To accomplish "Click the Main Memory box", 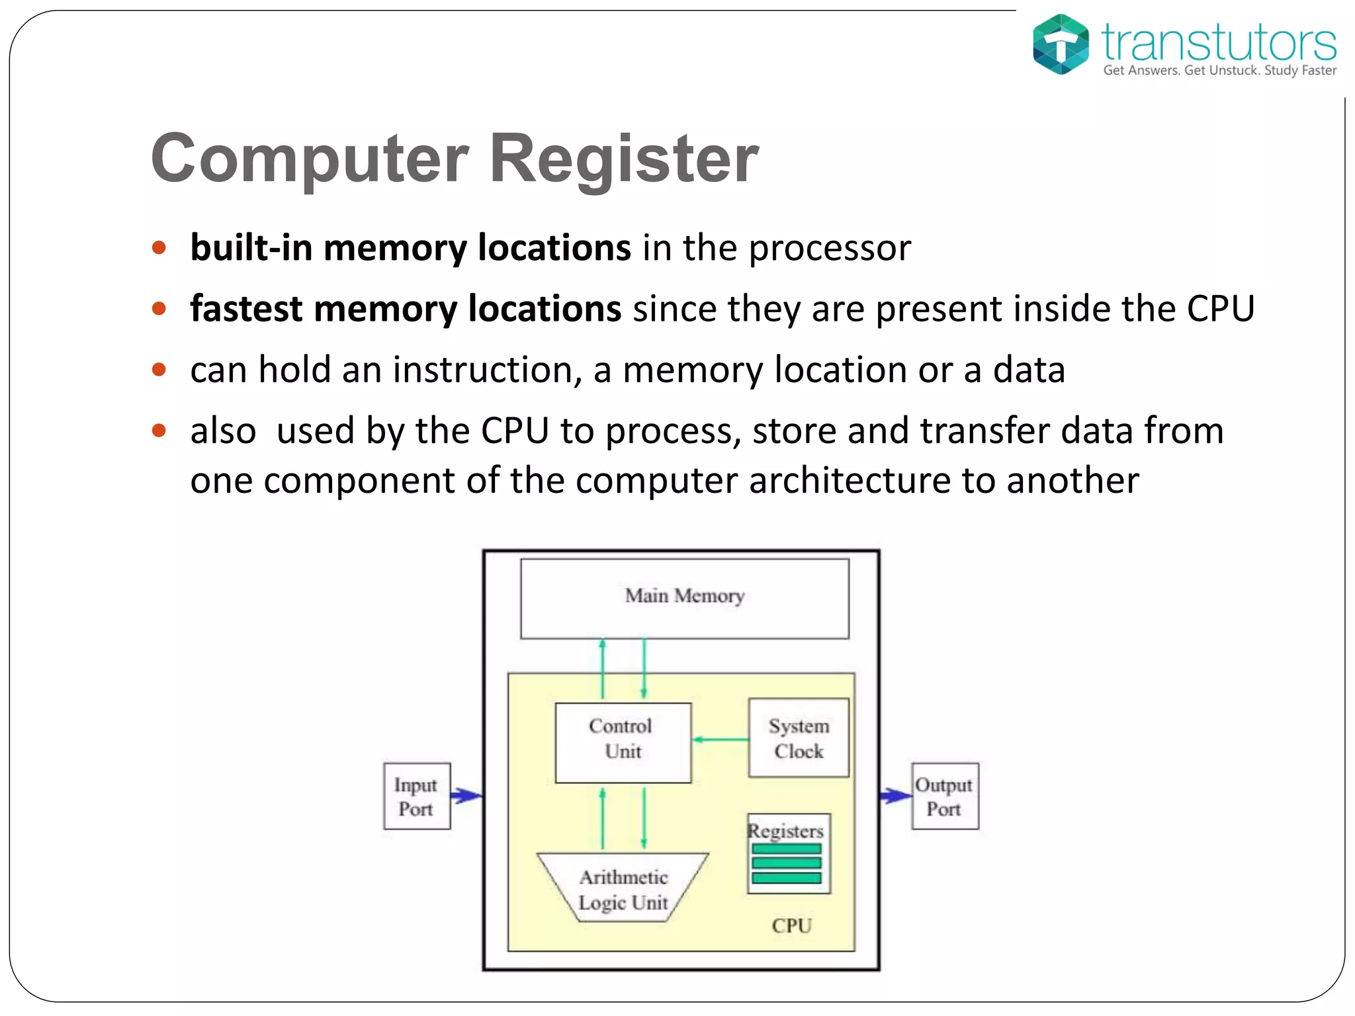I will pyautogui.click(x=684, y=598).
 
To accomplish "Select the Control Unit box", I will pyautogui.click(x=623, y=742).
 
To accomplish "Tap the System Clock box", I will pyautogui.click(x=798, y=738).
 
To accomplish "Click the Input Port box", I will pyautogui.click(x=416, y=796).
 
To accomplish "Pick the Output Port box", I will pyautogui.click(x=944, y=796).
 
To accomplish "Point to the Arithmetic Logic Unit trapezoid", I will pyautogui.click(x=623, y=888).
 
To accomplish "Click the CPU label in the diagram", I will pyautogui.click(x=791, y=925).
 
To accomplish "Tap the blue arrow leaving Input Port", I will pyautogui.click(x=466, y=796).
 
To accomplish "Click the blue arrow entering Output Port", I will pyautogui.click(x=896, y=796).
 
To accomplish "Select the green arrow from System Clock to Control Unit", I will pyautogui.click(x=720, y=740).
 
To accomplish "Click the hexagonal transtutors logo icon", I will pyautogui.click(x=1061, y=44).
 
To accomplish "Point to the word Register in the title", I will pyautogui.click(x=623, y=159).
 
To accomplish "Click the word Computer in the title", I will pyautogui.click(x=310, y=159).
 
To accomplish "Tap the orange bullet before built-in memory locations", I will pyautogui.click(x=159, y=248).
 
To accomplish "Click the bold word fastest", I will pyautogui.click(x=245, y=309).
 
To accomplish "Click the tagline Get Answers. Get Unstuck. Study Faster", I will pyautogui.click(x=1219, y=70).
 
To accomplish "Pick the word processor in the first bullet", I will pyautogui.click(x=830, y=249).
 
